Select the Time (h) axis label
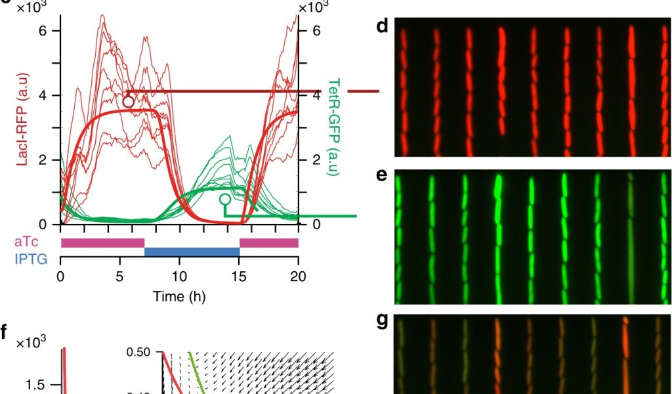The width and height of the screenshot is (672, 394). coord(179,296)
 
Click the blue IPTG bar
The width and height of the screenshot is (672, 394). coord(192,252)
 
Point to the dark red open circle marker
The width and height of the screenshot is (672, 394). coord(128,101)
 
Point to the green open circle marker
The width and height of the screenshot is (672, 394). coord(225,198)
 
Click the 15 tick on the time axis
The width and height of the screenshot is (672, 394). coord(239,276)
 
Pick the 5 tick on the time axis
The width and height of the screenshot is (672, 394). coord(120,276)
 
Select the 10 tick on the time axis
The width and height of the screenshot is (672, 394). coord(179,276)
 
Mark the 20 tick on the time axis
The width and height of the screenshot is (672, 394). coord(298,276)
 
